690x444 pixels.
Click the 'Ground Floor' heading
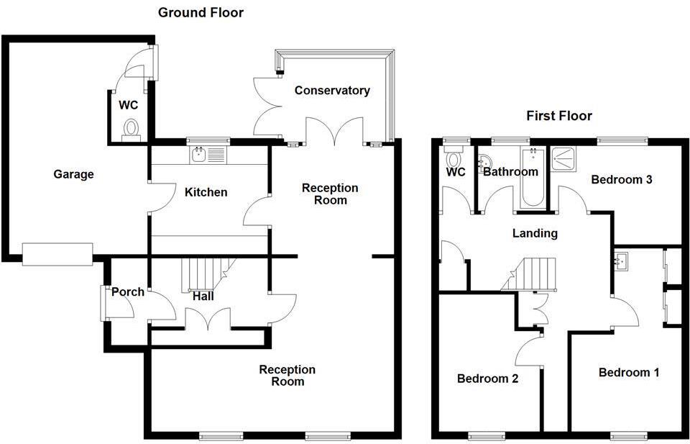[x=201, y=13]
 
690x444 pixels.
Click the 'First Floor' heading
[x=558, y=116]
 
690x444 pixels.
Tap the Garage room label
[x=73, y=174]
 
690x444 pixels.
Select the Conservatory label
[x=332, y=91]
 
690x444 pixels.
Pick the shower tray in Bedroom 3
[x=564, y=158]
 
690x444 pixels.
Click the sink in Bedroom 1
[x=622, y=260]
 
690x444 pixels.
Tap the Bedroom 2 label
[x=488, y=378]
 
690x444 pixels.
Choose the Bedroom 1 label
[x=629, y=372]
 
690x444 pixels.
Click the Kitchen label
[x=206, y=192]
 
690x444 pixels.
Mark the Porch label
[x=128, y=292]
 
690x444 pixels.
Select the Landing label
[x=535, y=233]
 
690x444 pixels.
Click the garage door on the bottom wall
[x=57, y=253]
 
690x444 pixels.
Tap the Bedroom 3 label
[x=621, y=180]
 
